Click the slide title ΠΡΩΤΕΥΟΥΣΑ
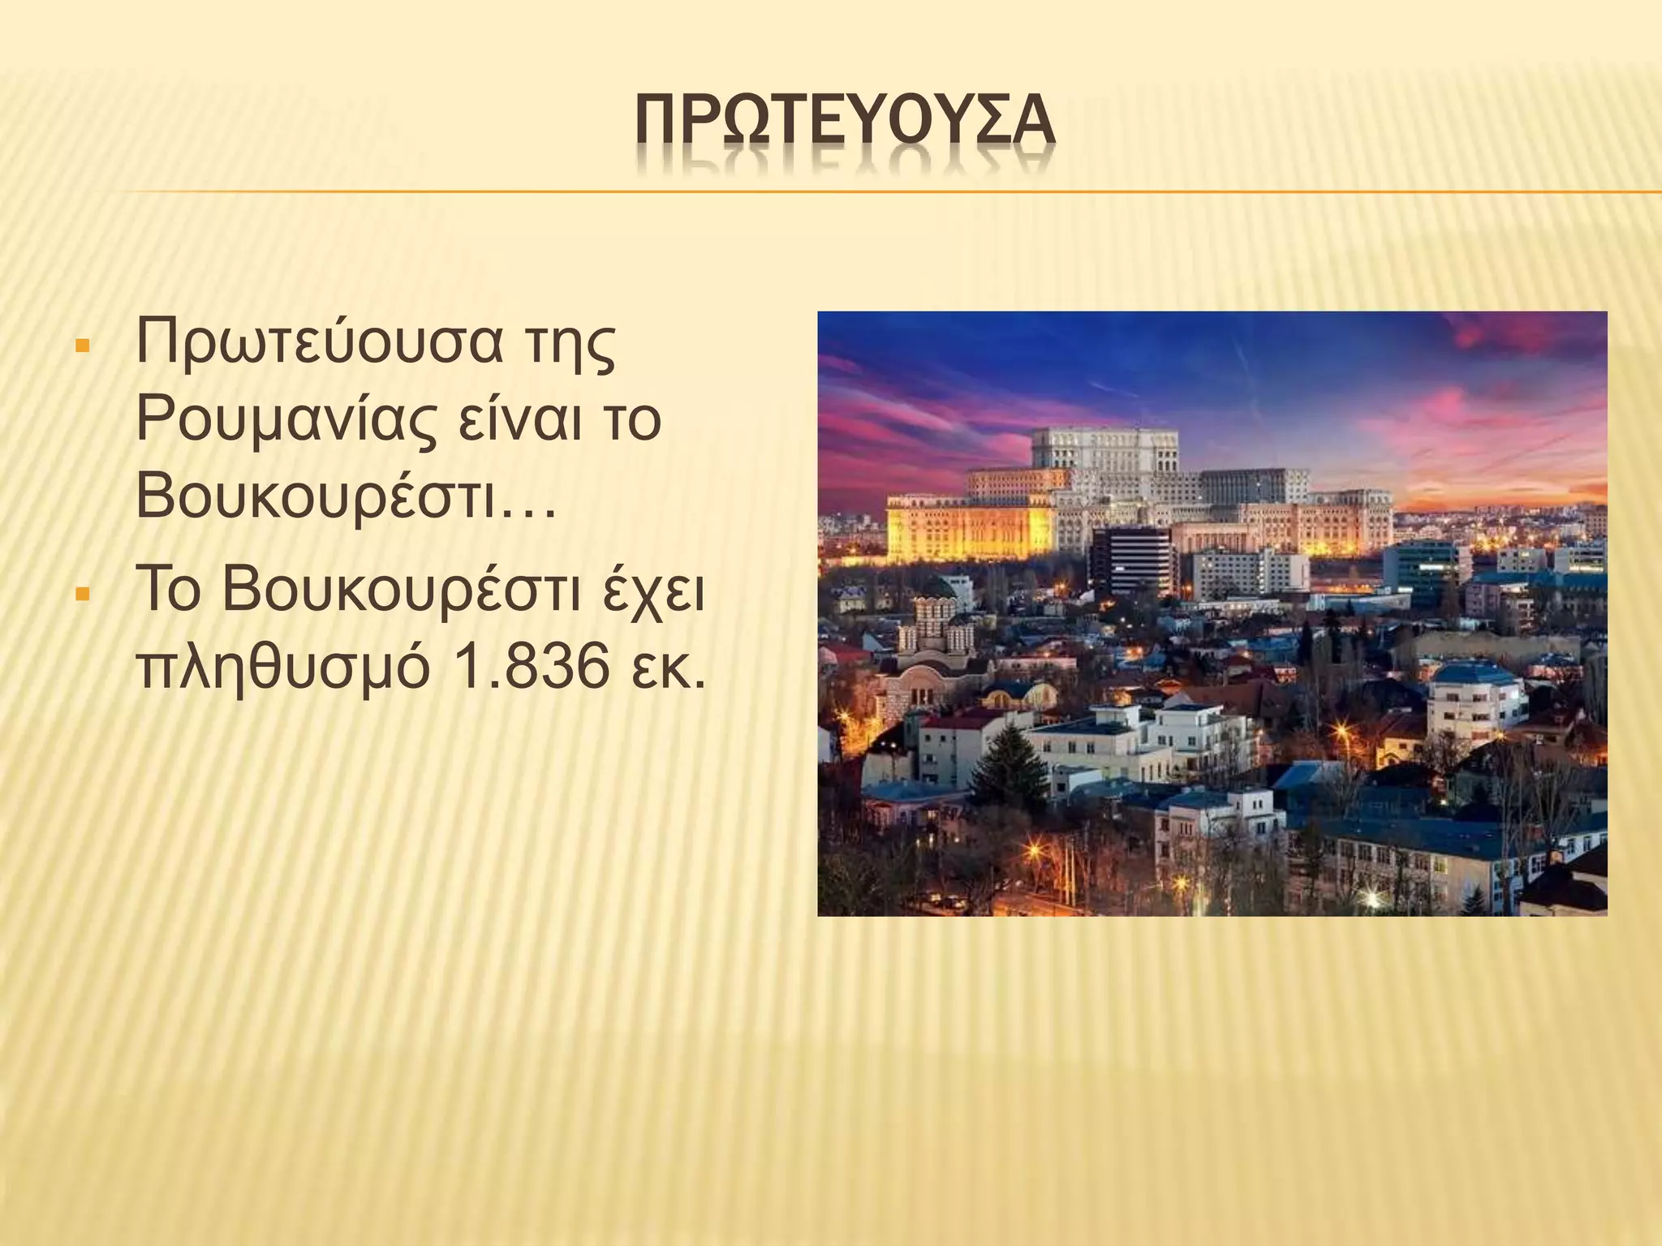tap(844, 129)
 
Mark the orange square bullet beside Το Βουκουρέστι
tap(81, 595)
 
